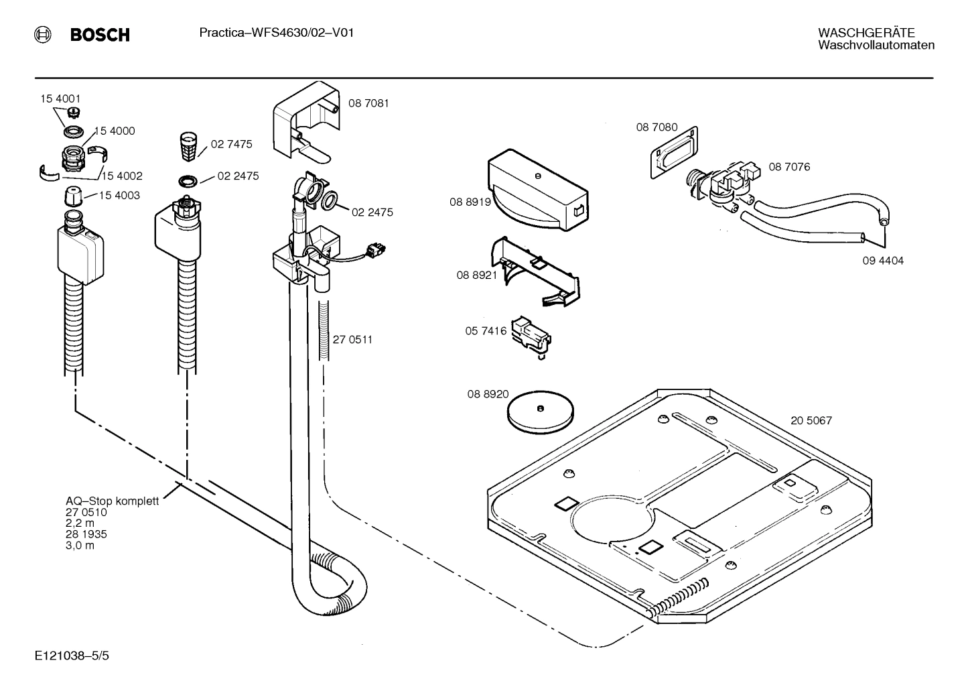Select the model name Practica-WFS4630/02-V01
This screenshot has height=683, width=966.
pos(276,32)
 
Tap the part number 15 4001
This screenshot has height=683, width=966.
pos(60,99)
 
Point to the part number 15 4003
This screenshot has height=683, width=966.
pos(119,195)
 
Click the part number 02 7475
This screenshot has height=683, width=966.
pos(231,144)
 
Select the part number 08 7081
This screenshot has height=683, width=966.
pos(368,103)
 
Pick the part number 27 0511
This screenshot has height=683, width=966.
pos(352,340)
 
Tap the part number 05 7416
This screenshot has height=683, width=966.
pos(486,331)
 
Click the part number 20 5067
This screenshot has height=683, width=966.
pos(811,421)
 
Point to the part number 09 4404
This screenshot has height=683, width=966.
pos(882,261)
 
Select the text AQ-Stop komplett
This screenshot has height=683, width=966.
pos(112,501)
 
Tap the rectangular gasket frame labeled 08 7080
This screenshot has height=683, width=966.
pos(674,153)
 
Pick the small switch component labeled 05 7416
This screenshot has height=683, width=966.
pos(531,334)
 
